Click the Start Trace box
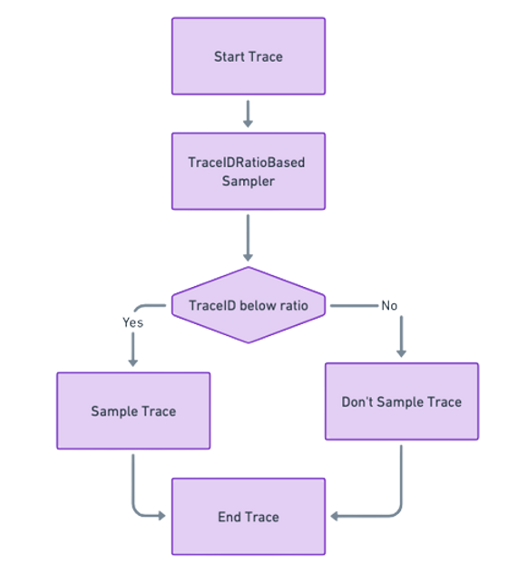[248, 56]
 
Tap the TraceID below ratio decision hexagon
[248, 305]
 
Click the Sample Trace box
[133, 410]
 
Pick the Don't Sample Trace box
[401, 401]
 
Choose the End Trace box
[248, 517]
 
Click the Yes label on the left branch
[132, 321]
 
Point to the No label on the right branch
[389, 304]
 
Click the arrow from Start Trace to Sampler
[248, 113]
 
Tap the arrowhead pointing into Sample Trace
[133, 361]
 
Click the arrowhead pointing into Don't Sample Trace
[401, 353]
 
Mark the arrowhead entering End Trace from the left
[162, 516]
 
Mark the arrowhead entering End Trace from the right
[334, 516]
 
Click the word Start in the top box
[230, 56]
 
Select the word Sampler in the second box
[248, 180]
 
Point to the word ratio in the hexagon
[290, 305]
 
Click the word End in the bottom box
[230, 517]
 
